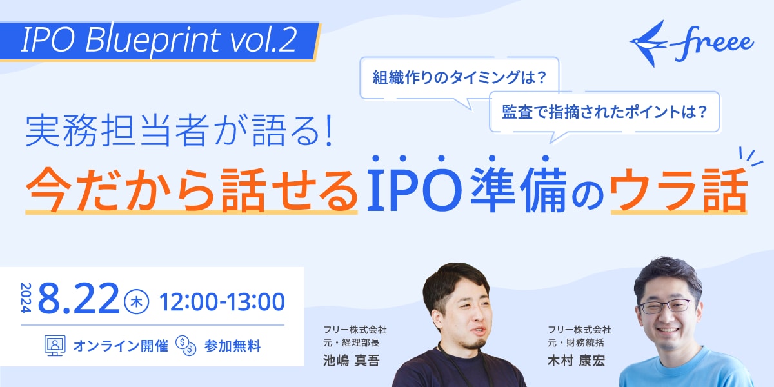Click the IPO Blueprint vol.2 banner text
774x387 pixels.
point(159,41)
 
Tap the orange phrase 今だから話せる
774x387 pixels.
point(192,188)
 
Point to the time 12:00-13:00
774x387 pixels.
point(222,301)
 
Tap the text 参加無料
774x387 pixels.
point(232,346)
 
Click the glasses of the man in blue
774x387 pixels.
point(664,306)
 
